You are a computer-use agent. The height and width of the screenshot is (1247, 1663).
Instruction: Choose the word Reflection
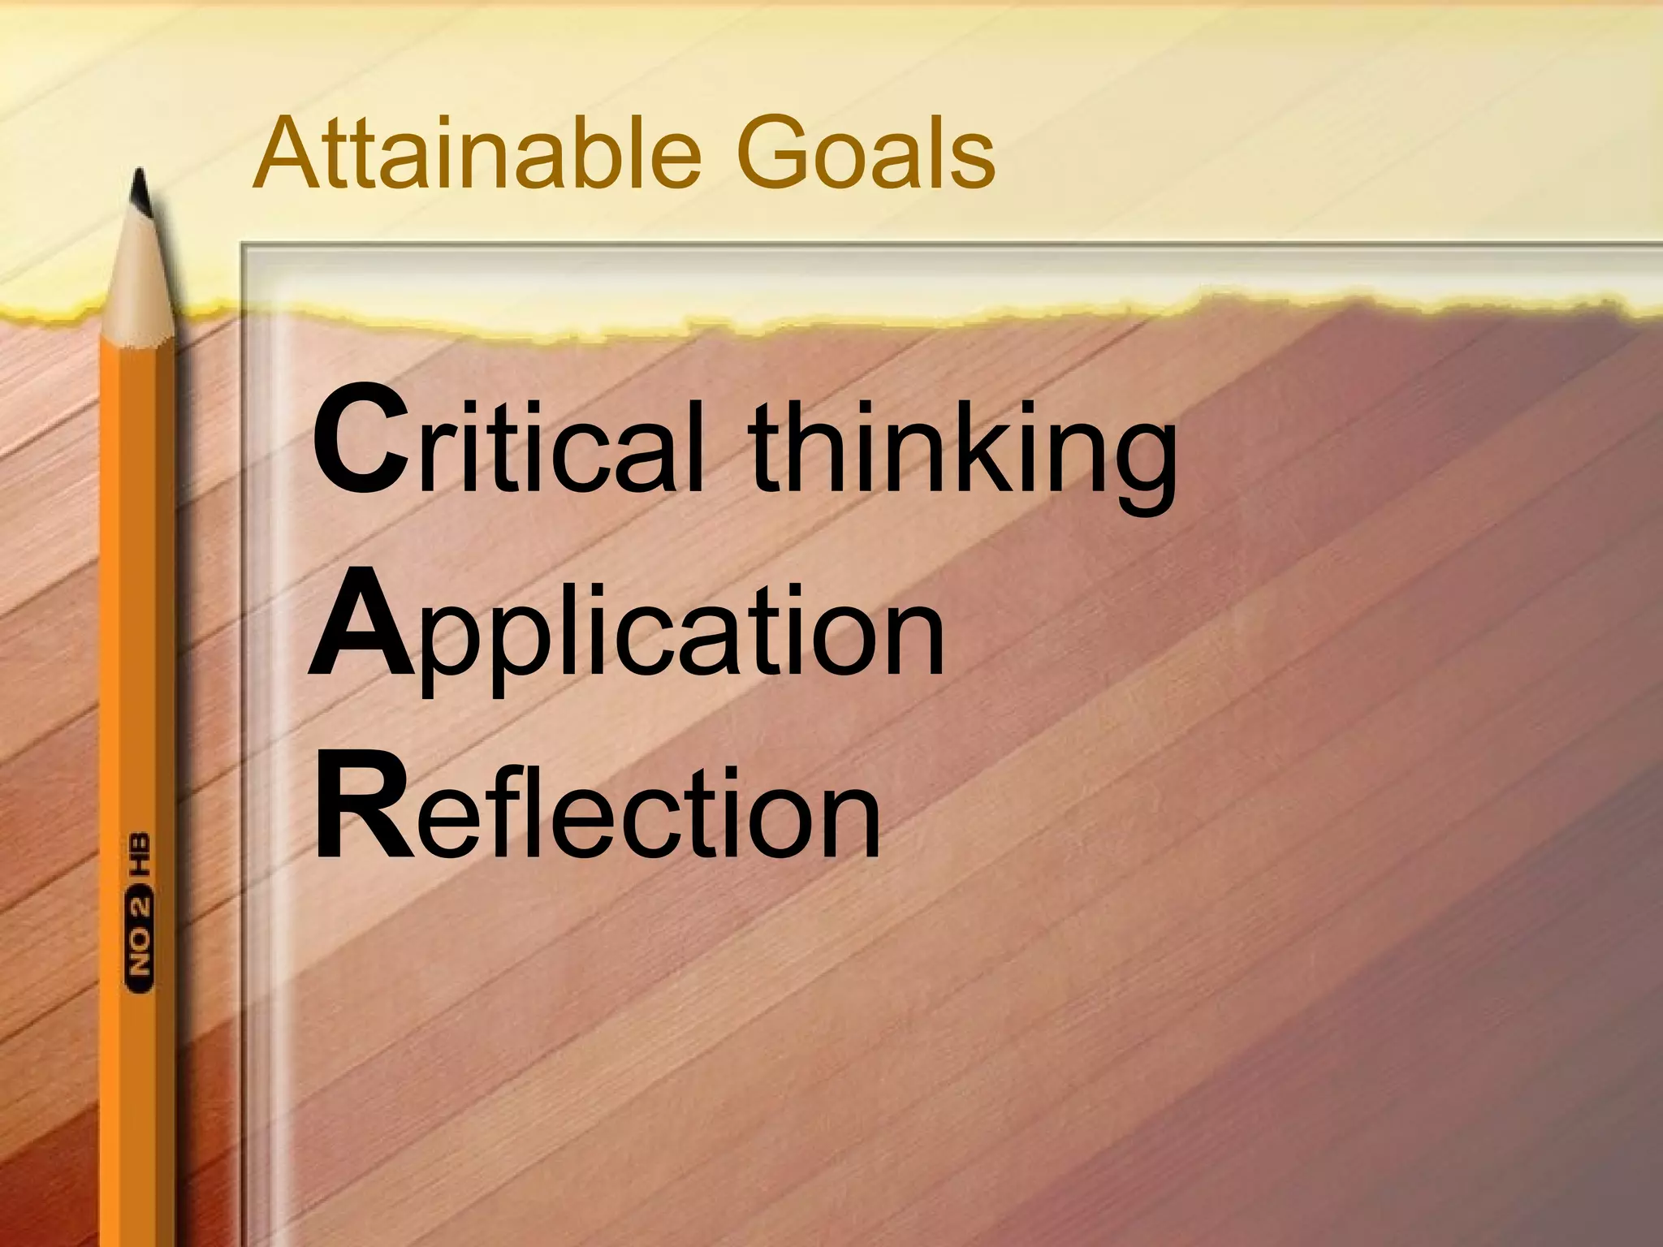coord(598,808)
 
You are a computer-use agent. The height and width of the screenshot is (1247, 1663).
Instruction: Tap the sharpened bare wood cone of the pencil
coord(140,284)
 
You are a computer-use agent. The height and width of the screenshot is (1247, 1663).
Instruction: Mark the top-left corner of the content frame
coord(242,244)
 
